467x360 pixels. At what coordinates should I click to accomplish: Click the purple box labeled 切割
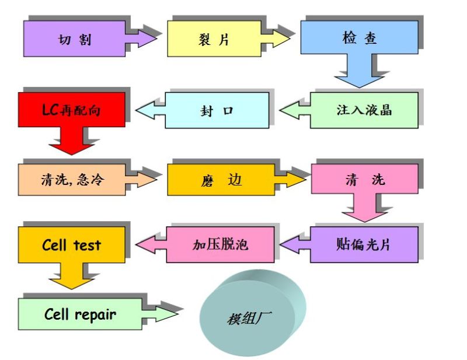click(75, 39)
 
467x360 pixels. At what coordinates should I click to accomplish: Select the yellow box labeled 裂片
click(213, 39)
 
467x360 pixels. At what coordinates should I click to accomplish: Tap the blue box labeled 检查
click(359, 38)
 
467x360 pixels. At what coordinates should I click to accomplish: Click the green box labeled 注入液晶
click(364, 110)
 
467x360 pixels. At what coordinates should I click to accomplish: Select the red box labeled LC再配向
click(72, 109)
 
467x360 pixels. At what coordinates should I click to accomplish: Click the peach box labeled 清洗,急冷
click(72, 179)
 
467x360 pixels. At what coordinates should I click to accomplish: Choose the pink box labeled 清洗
click(365, 179)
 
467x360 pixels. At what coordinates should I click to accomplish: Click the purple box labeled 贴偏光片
click(364, 244)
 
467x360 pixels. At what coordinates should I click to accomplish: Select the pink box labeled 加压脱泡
click(220, 244)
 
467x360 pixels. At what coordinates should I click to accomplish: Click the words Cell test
click(72, 244)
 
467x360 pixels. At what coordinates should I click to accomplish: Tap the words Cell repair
click(80, 314)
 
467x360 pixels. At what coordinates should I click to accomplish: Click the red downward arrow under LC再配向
click(72, 143)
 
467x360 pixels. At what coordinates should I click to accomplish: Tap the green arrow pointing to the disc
click(165, 314)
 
